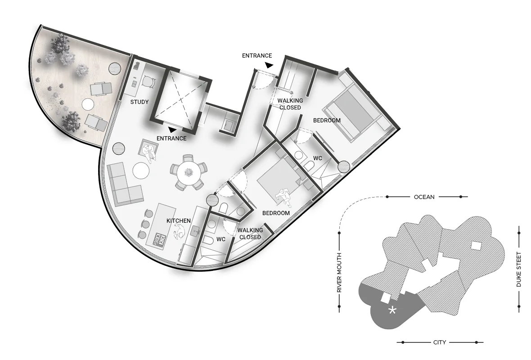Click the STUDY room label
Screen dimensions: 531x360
(139, 102)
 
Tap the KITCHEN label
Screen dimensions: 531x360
(179, 221)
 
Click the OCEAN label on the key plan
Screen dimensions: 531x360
(424, 197)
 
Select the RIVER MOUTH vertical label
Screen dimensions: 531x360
(339, 273)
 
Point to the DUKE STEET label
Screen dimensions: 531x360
(519, 270)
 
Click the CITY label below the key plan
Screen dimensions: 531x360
(440, 342)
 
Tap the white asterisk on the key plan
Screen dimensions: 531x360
(392, 310)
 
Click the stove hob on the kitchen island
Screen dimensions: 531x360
(160, 239)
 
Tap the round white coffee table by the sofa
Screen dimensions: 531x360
(141, 171)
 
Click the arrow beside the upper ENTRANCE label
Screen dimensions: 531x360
(269, 65)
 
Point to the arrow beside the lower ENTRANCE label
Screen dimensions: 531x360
(172, 130)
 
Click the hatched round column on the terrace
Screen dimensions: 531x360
(114, 68)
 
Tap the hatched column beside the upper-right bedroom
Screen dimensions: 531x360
(344, 166)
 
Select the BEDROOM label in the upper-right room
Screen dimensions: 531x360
(327, 120)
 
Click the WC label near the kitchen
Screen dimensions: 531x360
(221, 239)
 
